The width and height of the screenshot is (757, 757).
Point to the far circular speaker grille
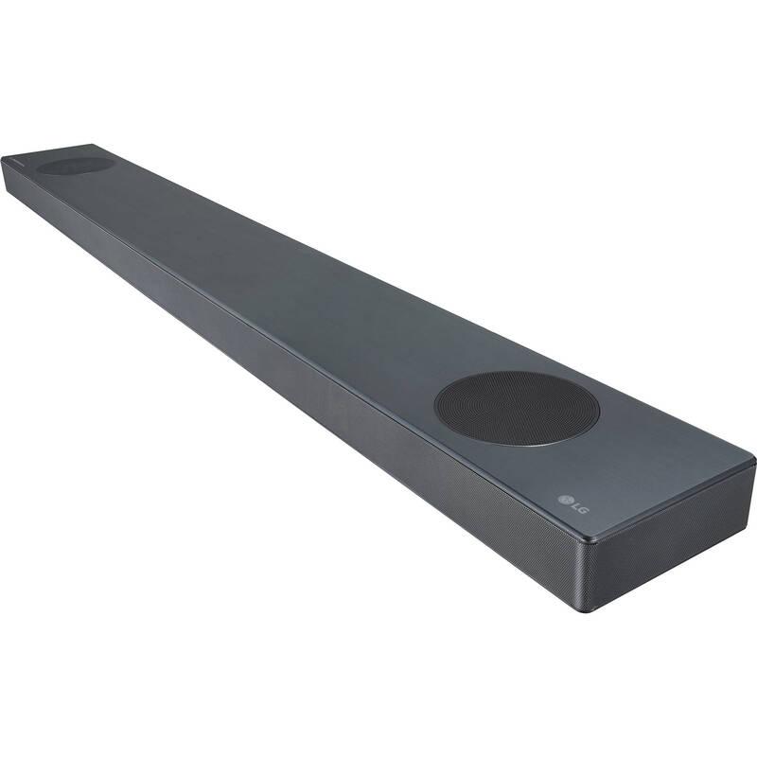(76, 165)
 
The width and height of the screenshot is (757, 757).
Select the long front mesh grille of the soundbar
(284, 378)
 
